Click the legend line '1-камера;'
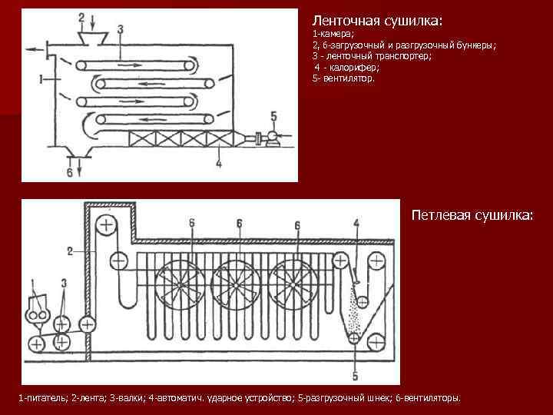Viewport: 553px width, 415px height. coord(333,35)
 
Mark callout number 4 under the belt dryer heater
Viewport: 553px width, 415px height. coord(219,164)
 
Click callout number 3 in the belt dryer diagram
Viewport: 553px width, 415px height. coord(121,28)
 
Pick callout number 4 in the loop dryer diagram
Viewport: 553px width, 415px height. coord(356,224)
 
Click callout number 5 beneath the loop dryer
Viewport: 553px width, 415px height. coord(355,376)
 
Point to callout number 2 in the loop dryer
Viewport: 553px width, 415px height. coord(69,251)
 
